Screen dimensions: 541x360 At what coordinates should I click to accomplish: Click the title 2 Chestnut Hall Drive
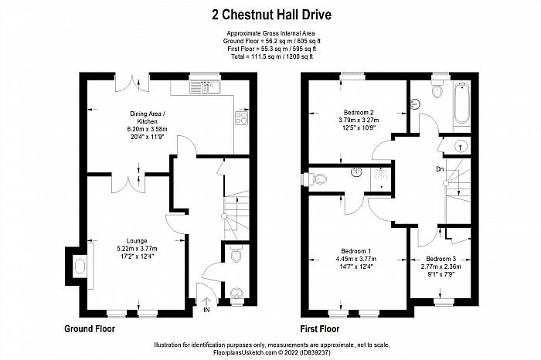pos(271,15)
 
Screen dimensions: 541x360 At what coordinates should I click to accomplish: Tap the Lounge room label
pos(137,241)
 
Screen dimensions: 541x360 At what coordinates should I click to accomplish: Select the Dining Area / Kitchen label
pos(148,117)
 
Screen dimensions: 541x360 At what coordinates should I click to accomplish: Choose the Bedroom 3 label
pos(441,259)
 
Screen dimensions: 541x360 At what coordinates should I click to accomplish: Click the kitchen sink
pos(205,87)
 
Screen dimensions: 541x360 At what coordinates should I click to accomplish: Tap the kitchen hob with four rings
pos(241,117)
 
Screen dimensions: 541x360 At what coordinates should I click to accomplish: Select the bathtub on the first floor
pos(461,103)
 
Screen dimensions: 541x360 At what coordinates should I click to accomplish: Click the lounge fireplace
pos(80,267)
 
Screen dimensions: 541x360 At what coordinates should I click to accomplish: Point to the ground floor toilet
pos(236,254)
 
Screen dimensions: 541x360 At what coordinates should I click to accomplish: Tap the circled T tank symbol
pos(461,148)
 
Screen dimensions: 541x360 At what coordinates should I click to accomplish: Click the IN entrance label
pos(206,310)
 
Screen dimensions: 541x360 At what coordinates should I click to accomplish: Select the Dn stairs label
pos(440,169)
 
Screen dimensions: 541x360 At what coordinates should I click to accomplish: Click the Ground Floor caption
pos(90,328)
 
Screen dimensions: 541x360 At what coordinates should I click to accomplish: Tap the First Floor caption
pos(320,329)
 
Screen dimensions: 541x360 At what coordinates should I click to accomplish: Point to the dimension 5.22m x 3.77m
pos(137,249)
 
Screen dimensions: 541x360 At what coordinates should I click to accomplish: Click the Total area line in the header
pos(271,56)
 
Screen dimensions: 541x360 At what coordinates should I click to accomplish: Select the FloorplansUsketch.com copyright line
pos(272,353)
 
